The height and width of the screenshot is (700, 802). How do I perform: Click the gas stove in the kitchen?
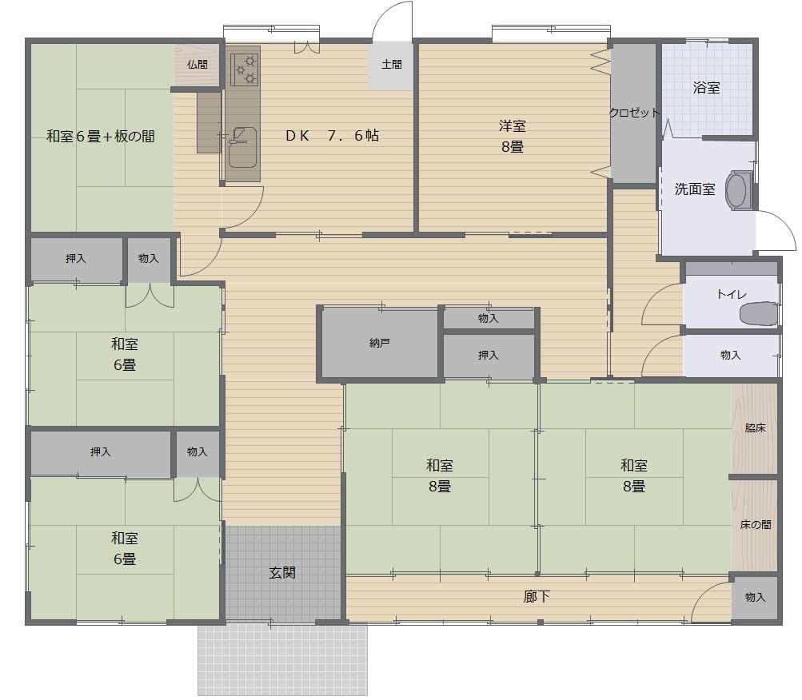(x=244, y=69)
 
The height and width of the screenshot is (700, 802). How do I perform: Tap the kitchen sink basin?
(x=242, y=147)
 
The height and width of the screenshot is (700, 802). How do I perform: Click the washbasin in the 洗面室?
(x=737, y=190)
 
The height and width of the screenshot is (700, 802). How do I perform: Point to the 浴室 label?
(x=706, y=88)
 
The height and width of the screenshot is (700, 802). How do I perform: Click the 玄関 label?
(x=282, y=573)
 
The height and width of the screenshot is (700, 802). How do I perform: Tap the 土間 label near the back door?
(x=391, y=65)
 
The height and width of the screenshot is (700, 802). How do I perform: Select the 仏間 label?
(x=197, y=65)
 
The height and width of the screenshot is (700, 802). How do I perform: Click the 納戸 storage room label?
(x=380, y=343)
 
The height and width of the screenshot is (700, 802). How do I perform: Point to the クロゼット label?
(x=634, y=113)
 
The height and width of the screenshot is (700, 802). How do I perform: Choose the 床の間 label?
(x=756, y=525)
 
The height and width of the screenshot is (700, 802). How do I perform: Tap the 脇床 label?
(x=756, y=428)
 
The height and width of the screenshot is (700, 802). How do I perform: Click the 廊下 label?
(x=537, y=596)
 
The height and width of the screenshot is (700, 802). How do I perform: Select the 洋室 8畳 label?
(x=512, y=136)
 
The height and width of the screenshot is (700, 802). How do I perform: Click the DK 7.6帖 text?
(x=332, y=136)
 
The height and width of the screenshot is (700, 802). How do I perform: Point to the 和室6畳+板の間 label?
(x=101, y=137)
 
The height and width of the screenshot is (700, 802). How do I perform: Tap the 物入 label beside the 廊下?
(x=755, y=597)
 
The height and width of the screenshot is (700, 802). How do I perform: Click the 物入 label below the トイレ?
(x=730, y=355)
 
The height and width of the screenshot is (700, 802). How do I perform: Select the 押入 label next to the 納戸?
(x=488, y=355)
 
